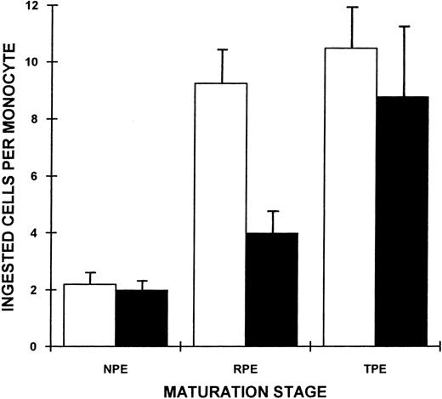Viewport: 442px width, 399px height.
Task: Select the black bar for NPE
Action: point(141,319)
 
